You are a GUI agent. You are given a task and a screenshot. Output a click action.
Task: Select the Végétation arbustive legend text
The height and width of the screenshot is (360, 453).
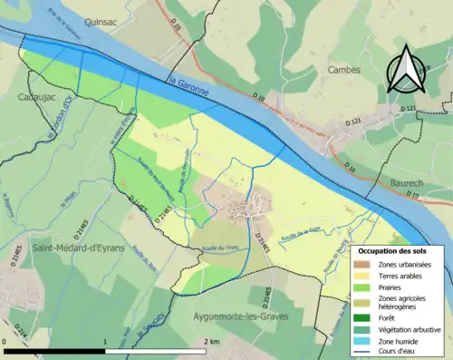click(410, 328)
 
